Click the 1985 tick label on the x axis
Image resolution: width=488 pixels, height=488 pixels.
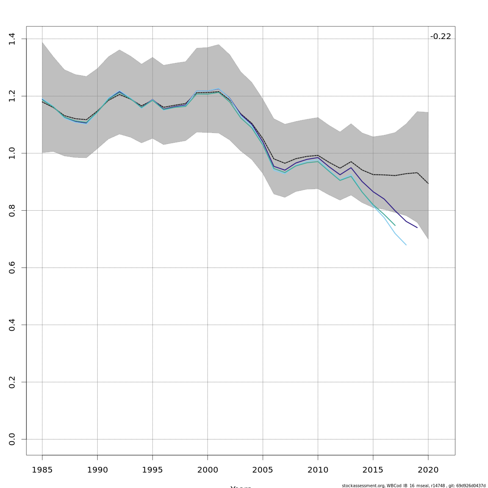(x=42, y=470)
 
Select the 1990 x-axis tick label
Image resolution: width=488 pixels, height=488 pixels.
(x=97, y=470)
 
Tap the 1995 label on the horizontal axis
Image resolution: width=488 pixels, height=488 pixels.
(x=152, y=470)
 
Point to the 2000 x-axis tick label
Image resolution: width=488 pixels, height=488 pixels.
(x=207, y=470)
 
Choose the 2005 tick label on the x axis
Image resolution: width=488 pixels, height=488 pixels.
(x=263, y=470)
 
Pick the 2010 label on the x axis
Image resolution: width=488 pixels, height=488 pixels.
(x=318, y=470)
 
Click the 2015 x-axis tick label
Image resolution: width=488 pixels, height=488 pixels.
(x=373, y=470)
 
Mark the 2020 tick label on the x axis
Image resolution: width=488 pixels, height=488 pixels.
(x=428, y=470)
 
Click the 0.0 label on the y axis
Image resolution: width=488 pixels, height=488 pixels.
(x=12, y=439)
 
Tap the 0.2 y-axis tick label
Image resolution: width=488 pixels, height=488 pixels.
(x=12, y=382)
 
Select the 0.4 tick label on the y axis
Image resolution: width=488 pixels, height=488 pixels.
(x=12, y=325)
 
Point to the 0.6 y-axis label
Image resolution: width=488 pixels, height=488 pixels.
(x=12, y=268)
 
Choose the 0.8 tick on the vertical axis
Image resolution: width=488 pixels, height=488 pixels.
(x=12, y=210)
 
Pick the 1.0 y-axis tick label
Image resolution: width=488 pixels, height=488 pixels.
(x=12, y=153)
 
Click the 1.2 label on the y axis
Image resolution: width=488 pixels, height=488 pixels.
(x=12, y=96)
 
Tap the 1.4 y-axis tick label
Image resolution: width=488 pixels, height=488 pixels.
(x=12, y=39)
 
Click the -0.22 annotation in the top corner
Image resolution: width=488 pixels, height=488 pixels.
(x=440, y=37)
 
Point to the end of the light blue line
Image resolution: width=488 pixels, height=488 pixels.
(x=406, y=245)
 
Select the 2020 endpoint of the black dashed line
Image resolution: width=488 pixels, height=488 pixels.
(x=428, y=183)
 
